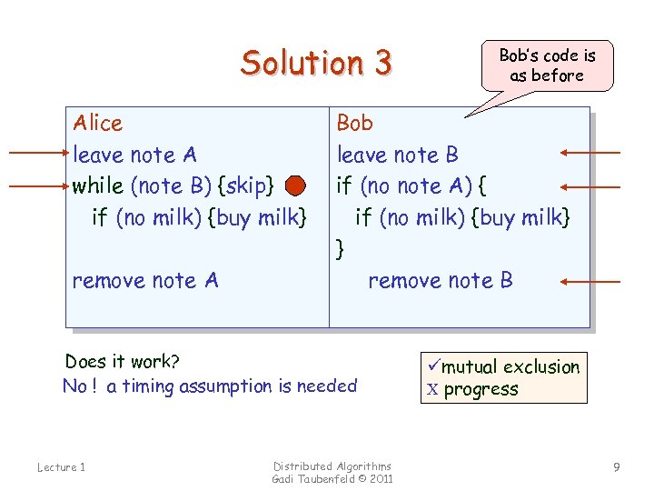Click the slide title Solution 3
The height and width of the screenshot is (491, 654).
tap(316, 63)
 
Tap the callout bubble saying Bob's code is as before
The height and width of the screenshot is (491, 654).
tap(547, 65)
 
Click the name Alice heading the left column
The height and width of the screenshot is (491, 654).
tap(97, 123)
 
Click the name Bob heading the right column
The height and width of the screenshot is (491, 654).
tap(354, 123)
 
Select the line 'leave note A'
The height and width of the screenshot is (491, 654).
tap(134, 155)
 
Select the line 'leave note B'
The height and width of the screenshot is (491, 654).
tap(398, 155)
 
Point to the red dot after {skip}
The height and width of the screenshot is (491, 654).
tap(294, 186)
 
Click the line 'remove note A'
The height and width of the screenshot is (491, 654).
tap(145, 280)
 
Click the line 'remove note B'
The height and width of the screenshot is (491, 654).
tap(440, 280)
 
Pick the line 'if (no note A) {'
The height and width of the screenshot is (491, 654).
tap(411, 186)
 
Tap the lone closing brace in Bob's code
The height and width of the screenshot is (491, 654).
tap(340, 247)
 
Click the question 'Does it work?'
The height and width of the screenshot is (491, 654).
tap(123, 361)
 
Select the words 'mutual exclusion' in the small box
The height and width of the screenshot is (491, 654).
tap(510, 367)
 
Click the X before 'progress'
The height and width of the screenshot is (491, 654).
tap(432, 390)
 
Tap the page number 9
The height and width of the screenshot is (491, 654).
tap(617, 467)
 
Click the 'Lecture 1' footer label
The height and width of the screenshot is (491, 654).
tap(61, 467)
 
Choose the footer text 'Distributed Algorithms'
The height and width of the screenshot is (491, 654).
tap(332, 466)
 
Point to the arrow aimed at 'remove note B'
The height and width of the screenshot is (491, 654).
tap(590, 282)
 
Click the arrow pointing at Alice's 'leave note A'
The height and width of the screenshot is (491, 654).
tap(36, 155)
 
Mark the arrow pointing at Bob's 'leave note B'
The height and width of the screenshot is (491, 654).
tap(590, 153)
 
